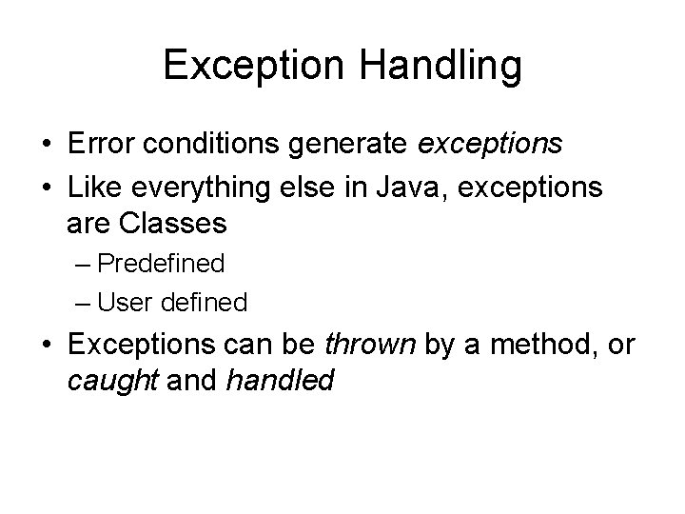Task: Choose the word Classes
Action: [173, 224]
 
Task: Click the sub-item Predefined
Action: [161, 263]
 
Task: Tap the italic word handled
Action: [281, 381]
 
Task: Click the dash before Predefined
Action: [84, 264]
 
